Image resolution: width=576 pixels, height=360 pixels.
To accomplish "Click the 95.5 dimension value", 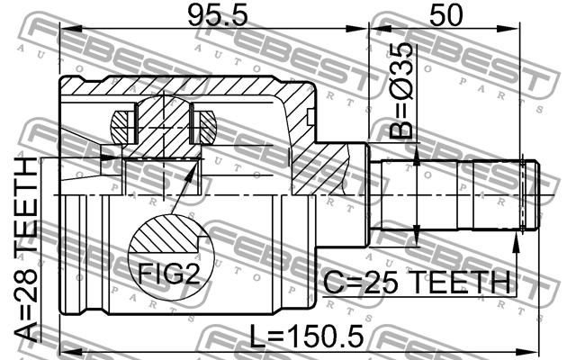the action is [218, 16].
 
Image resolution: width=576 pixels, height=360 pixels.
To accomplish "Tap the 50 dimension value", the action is [446, 16].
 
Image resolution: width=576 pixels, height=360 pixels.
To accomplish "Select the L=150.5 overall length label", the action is [306, 337].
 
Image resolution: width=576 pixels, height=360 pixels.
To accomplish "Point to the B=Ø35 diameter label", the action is [401, 90].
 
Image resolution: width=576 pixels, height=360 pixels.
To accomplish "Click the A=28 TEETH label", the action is [26, 249].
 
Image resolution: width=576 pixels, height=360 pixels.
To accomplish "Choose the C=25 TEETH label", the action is [417, 282].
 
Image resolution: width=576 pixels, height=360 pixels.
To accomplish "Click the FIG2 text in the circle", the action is [168, 274].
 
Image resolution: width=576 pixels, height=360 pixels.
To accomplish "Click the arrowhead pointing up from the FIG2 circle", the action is [190, 173].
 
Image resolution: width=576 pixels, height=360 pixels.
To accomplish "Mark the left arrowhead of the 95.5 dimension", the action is [70, 29].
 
